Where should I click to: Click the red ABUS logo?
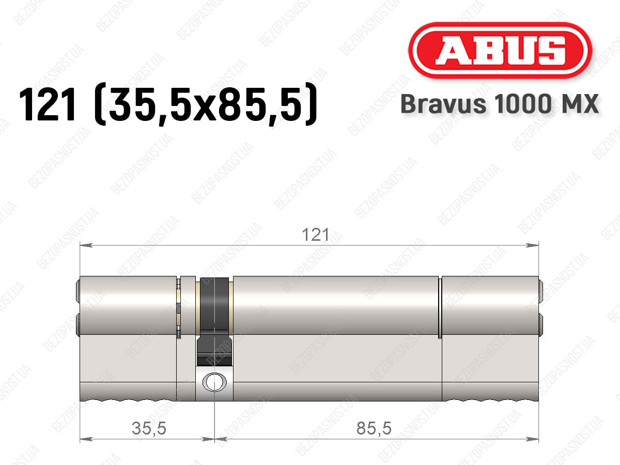click(x=500, y=50)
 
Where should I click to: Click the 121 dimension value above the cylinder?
click(x=316, y=235)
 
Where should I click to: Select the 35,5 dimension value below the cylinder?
click(x=149, y=428)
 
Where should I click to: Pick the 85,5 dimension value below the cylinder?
click(x=374, y=428)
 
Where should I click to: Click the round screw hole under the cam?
click(x=214, y=382)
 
